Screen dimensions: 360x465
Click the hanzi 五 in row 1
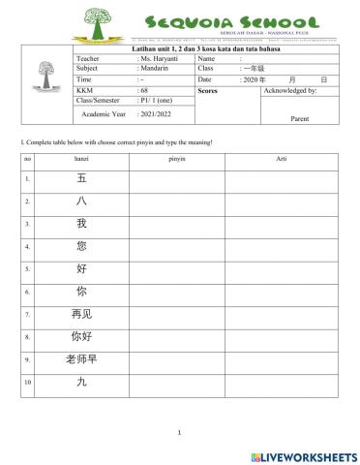[81, 179]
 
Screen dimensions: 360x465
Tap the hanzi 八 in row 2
[81, 201]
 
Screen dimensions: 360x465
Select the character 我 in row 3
[81, 224]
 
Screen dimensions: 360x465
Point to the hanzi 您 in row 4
[81, 246]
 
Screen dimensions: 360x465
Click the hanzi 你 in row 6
[81, 292]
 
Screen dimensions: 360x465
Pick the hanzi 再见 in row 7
[81, 314]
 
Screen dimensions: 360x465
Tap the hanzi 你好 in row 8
[81, 337]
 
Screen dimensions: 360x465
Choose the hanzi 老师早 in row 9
[81, 359]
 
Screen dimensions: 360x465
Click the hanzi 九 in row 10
[81, 383]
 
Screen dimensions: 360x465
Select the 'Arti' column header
[281, 157]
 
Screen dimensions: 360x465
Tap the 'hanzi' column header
[81, 157]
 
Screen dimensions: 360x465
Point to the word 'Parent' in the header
[299, 119]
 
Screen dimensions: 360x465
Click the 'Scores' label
[208, 90]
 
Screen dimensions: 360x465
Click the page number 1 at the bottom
[180, 433]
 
